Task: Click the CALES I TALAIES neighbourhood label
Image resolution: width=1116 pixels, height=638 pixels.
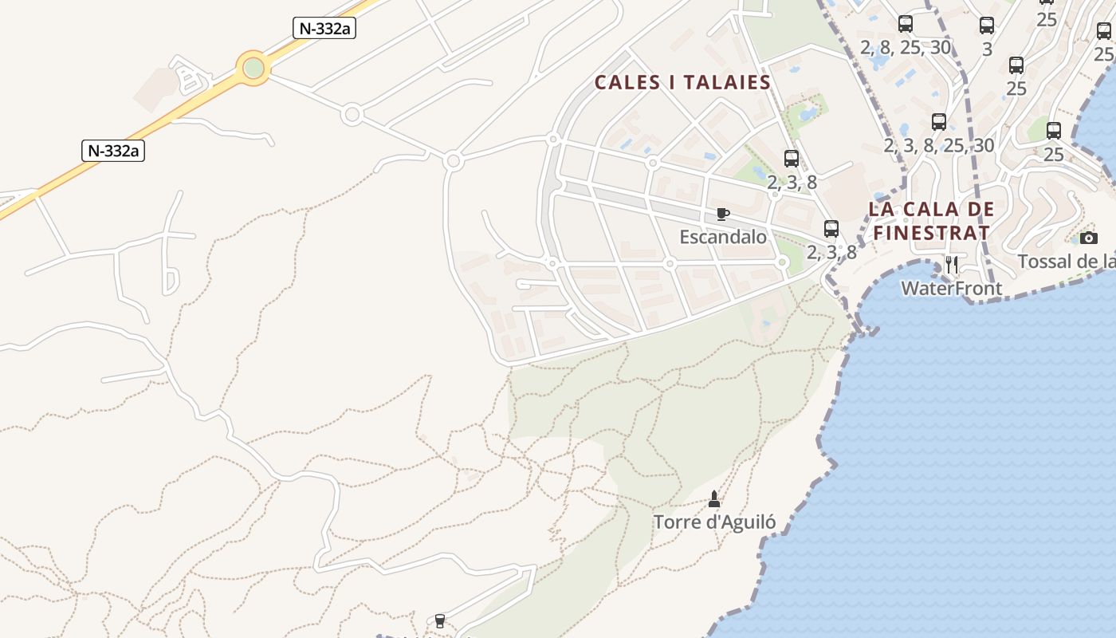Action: (x=682, y=82)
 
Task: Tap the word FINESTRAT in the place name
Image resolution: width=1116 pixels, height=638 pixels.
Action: (x=931, y=233)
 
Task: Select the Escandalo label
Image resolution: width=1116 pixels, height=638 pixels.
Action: (x=723, y=237)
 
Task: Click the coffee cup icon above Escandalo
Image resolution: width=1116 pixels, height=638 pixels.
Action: (x=722, y=214)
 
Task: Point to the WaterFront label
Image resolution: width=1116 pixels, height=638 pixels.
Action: (x=951, y=288)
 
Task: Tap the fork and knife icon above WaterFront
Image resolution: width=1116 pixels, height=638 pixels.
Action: (x=951, y=265)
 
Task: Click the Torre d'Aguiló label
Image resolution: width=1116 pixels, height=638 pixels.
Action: (x=714, y=522)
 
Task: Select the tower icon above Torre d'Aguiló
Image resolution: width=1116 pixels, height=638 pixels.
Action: (x=713, y=499)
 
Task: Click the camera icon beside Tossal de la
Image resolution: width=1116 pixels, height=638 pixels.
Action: (x=1088, y=238)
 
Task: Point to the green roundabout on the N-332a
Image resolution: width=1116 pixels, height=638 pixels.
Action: (x=253, y=68)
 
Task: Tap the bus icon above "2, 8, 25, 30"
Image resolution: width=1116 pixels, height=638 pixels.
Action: (x=905, y=24)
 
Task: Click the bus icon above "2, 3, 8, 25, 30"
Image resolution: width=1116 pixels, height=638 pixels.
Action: (x=939, y=122)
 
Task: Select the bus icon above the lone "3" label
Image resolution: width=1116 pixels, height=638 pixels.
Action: (x=987, y=26)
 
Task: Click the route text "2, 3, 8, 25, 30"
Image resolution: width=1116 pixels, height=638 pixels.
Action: (x=939, y=145)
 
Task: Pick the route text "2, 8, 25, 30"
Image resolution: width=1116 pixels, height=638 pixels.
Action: (x=906, y=47)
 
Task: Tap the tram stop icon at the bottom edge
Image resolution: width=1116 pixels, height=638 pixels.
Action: (x=439, y=621)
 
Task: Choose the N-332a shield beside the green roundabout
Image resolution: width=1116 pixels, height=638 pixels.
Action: (x=324, y=29)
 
